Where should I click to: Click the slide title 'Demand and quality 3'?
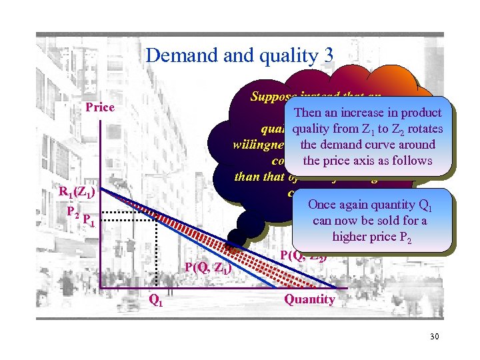click(239, 55)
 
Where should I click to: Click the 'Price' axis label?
click(100, 107)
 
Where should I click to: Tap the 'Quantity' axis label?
click(309, 299)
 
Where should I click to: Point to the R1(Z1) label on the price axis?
click(77, 193)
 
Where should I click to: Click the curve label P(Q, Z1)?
click(208, 268)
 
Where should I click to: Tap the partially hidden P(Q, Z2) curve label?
click(303, 254)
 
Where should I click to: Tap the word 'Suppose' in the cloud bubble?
click(271, 96)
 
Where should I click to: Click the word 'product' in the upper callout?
click(417, 113)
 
